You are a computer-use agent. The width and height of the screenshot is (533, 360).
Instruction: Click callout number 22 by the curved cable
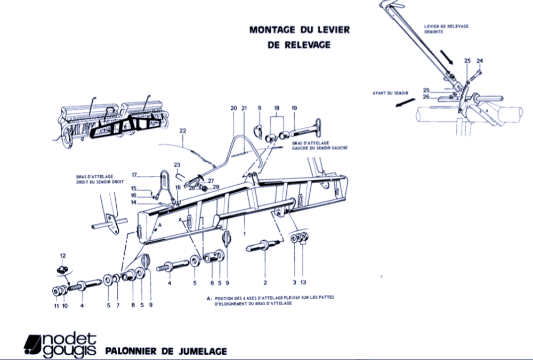(182, 130)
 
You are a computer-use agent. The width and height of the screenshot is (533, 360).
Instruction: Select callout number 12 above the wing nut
(62, 255)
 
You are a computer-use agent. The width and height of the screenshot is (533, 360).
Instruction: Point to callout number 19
(294, 108)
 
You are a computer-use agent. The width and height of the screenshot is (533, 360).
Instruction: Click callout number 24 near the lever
(479, 61)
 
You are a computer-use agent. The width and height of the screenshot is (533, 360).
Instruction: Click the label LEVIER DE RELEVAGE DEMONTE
(446, 29)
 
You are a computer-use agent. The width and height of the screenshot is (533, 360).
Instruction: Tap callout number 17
(135, 174)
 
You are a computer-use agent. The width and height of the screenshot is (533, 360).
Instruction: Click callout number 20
(233, 108)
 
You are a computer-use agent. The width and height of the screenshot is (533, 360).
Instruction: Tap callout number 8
(132, 306)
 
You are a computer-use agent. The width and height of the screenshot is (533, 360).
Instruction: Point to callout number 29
(216, 186)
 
